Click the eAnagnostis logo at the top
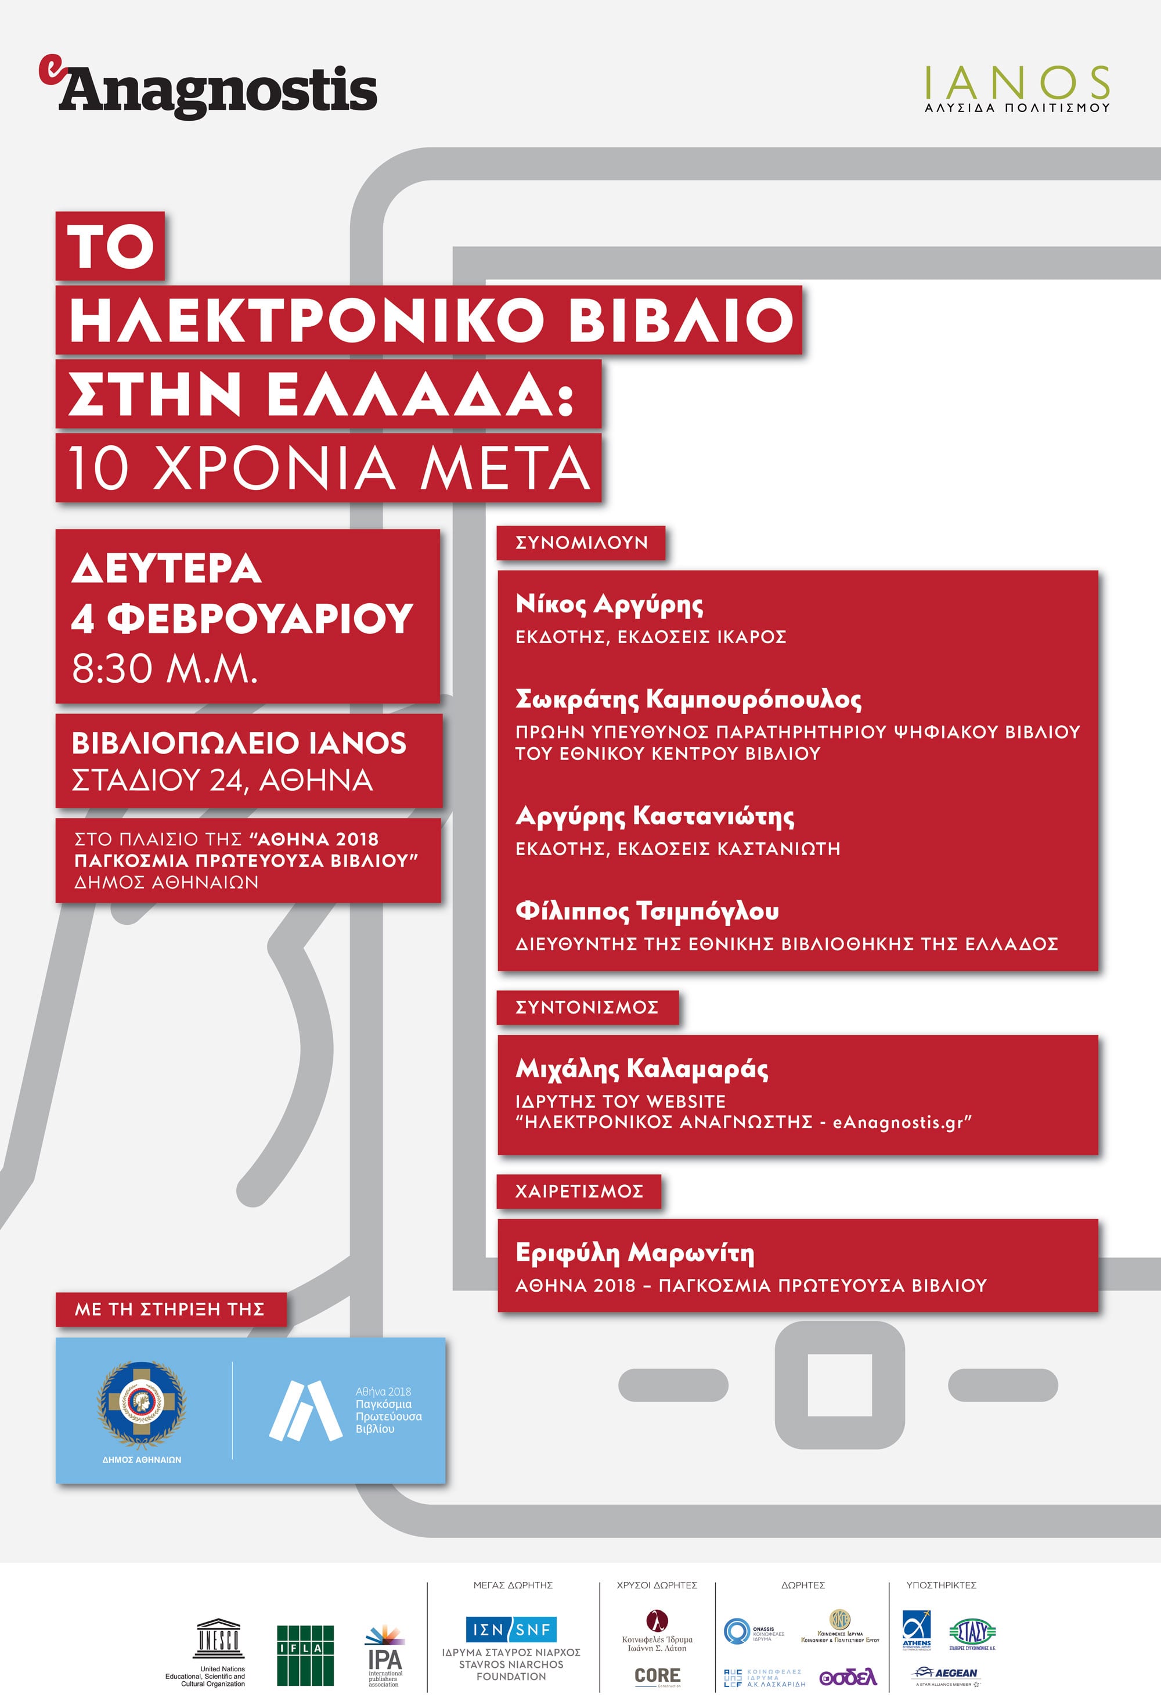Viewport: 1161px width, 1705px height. click(x=208, y=89)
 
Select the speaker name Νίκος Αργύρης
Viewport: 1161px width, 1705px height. click(x=609, y=604)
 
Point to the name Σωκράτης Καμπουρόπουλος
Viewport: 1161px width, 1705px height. click(x=688, y=699)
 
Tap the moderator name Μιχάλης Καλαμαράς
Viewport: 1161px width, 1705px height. click(x=641, y=1068)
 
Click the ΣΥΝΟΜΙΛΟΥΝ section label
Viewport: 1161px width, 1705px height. click(x=581, y=543)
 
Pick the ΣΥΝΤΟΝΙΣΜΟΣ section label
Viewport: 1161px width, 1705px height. click(x=587, y=1007)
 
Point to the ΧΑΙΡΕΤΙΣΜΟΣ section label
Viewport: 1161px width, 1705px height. click(x=579, y=1191)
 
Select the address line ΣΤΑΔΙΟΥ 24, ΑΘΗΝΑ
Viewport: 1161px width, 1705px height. click(x=222, y=780)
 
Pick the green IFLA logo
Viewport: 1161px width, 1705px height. click(x=305, y=1655)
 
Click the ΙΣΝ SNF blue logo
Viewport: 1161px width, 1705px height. click(x=511, y=1630)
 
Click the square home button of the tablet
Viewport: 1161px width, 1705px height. click(x=839, y=1385)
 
